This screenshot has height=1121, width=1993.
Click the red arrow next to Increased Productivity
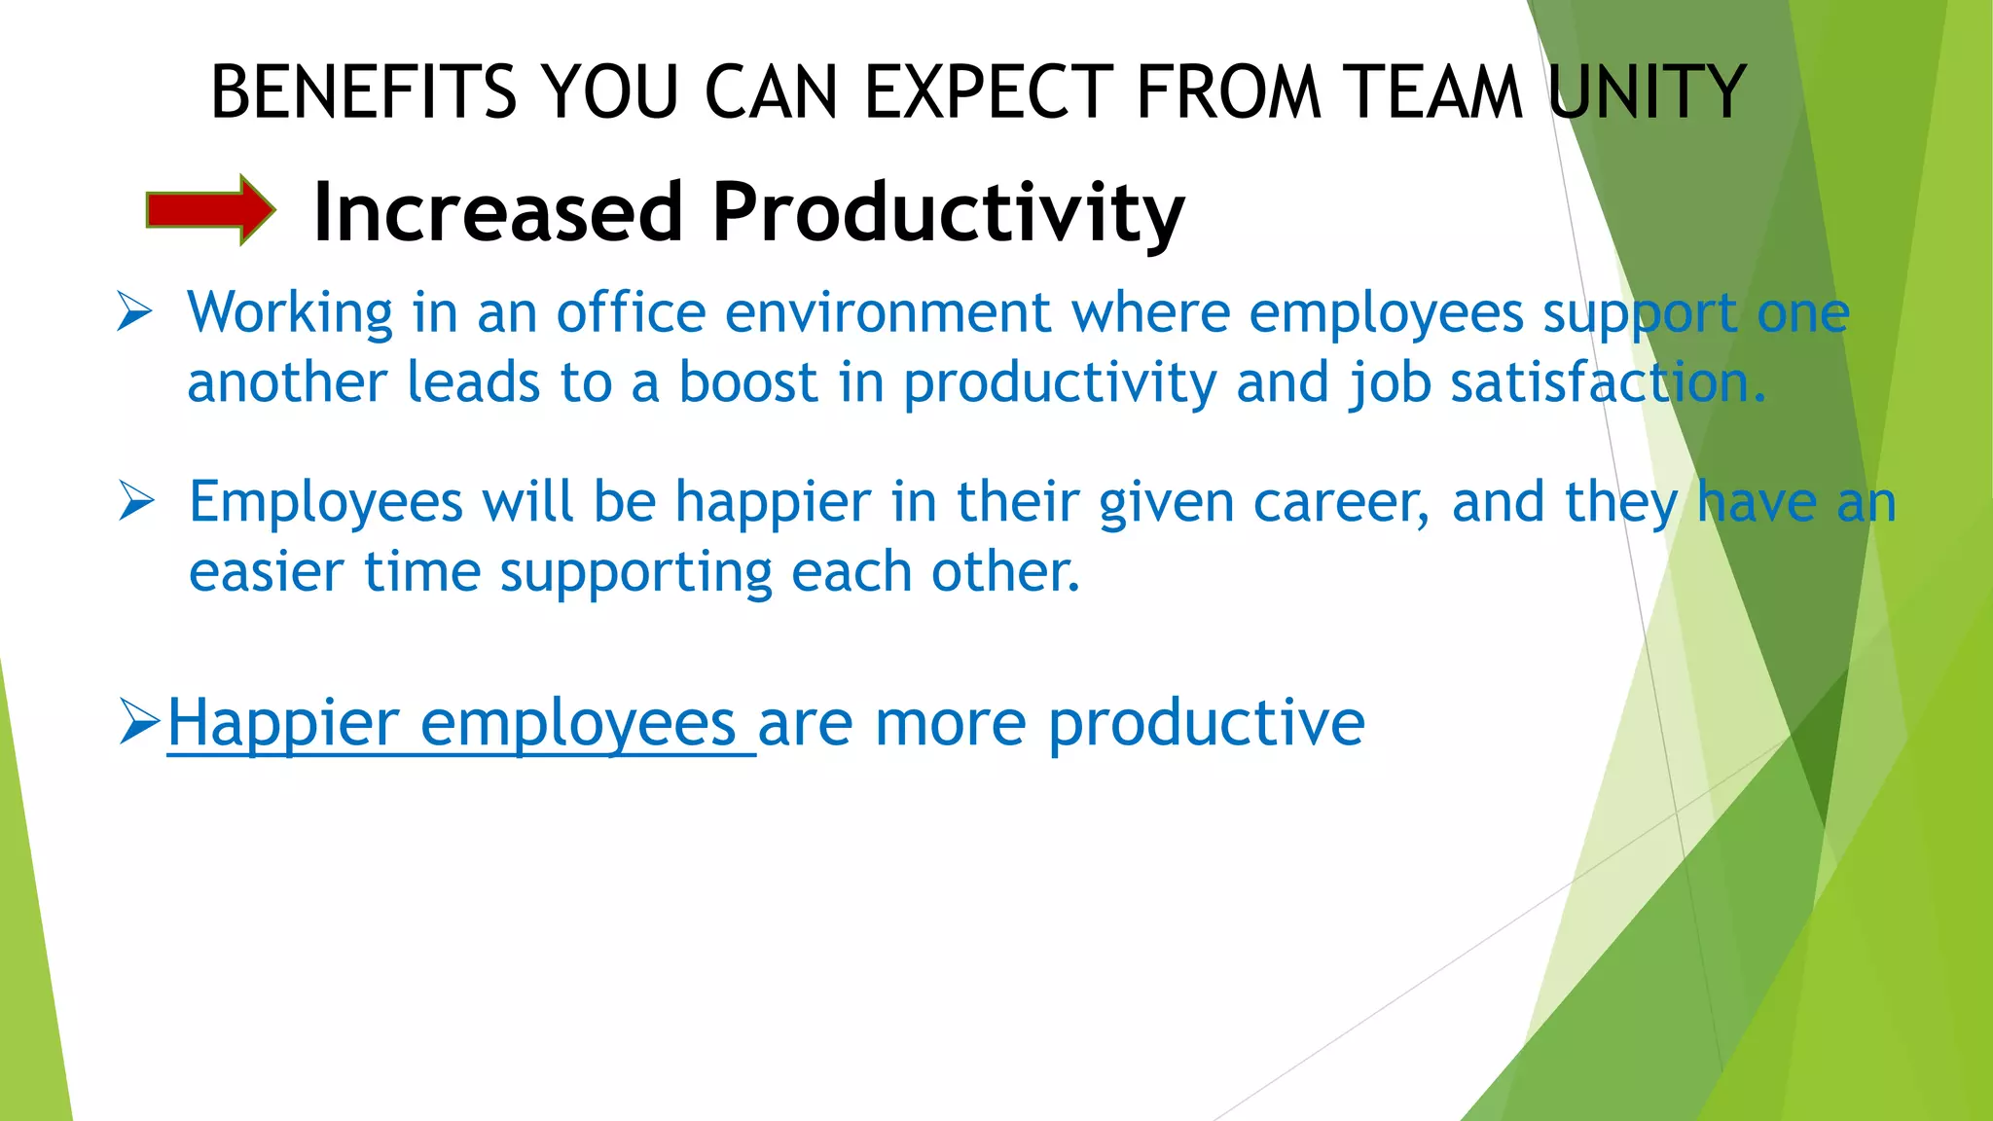(210, 209)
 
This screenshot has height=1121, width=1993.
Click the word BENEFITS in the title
(363, 92)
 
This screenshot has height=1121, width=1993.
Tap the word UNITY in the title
(1647, 92)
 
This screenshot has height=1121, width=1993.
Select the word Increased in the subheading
(498, 212)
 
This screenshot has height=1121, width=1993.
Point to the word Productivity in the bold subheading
(948, 212)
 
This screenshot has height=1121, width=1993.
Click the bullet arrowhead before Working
(134, 312)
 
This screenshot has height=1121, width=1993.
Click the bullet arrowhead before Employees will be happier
(136, 501)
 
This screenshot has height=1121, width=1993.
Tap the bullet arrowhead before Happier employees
(139, 721)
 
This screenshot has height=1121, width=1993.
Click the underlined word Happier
(283, 723)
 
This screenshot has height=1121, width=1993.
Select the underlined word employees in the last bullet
(578, 723)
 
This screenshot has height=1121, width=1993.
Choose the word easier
(266, 571)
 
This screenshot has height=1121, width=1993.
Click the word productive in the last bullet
(1206, 723)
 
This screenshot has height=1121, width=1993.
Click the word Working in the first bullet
(290, 313)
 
